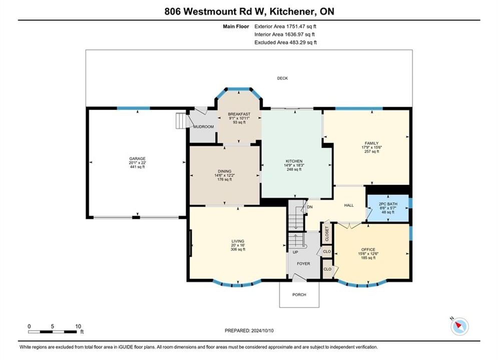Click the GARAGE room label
click(x=137, y=158)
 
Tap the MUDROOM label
click(x=204, y=126)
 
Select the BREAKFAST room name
click(x=239, y=114)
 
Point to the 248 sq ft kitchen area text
click(x=294, y=169)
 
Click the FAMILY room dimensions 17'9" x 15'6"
click(x=371, y=147)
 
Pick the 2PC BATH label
click(x=388, y=204)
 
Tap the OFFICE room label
click(x=368, y=249)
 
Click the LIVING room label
click(x=238, y=241)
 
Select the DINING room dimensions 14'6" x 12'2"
click(x=225, y=175)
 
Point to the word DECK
click(x=282, y=78)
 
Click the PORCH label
click(x=299, y=294)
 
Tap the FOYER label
click(x=303, y=263)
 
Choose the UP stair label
click(x=295, y=252)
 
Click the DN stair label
click(x=310, y=207)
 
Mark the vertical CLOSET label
click(x=327, y=234)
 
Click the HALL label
click(x=349, y=205)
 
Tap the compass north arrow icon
click(x=459, y=325)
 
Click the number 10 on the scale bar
click(x=78, y=326)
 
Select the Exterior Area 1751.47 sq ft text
click(x=285, y=26)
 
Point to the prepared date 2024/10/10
click(x=262, y=330)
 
